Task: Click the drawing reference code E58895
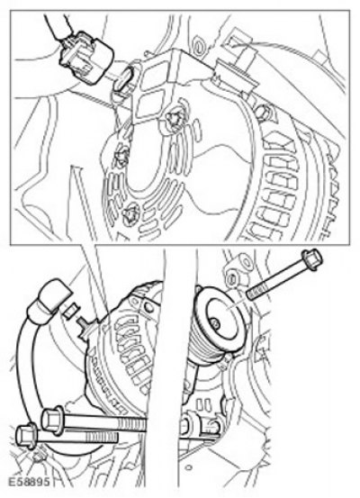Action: coord(29,482)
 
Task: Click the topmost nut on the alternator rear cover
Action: coord(174,119)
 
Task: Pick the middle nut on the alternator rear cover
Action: coord(122,157)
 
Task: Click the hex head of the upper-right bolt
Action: coord(312,260)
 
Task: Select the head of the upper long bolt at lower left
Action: coord(52,420)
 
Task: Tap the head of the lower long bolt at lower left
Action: coord(26,438)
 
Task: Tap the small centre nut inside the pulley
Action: coord(216,324)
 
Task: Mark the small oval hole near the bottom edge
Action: coord(189,467)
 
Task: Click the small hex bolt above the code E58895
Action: coord(38,457)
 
